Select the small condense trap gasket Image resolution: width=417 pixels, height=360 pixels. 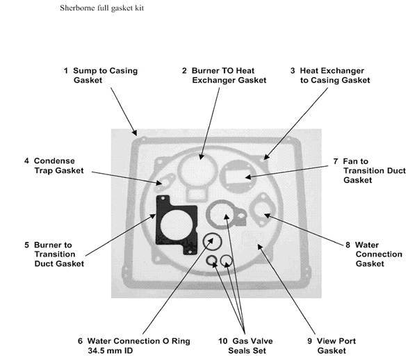pyautogui.click(x=162, y=184)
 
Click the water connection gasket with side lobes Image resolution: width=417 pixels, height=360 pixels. pyautogui.click(x=262, y=207)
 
